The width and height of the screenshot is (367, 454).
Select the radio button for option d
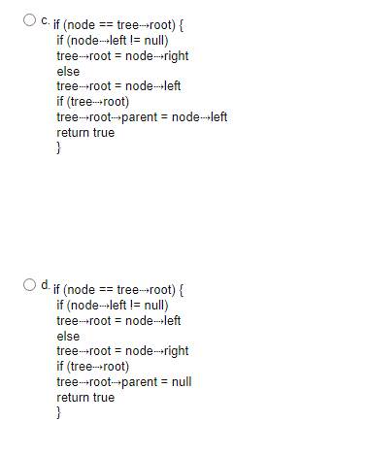coord(31,287)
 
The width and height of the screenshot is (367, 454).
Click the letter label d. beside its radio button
coord(45,287)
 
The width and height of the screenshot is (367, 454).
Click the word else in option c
coord(68,71)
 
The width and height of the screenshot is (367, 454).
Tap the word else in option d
coord(68,336)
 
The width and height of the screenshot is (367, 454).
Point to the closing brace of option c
coord(59,148)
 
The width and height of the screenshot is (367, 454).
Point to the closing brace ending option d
coord(59,413)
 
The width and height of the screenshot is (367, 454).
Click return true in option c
coord(85,133)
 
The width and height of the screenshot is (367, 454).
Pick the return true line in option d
coord(85,398)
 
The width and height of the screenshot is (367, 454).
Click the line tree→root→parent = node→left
coord(142,117)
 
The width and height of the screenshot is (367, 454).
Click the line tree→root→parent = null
coord(124,382)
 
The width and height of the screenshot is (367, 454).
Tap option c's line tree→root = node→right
coord(122,55)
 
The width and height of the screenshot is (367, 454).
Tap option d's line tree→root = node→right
coord(122,351)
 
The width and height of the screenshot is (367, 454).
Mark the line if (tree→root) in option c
coord(93,102)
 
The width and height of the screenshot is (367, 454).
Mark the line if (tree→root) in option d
coord(93,367)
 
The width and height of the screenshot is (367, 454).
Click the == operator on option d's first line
coord(104,289)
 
